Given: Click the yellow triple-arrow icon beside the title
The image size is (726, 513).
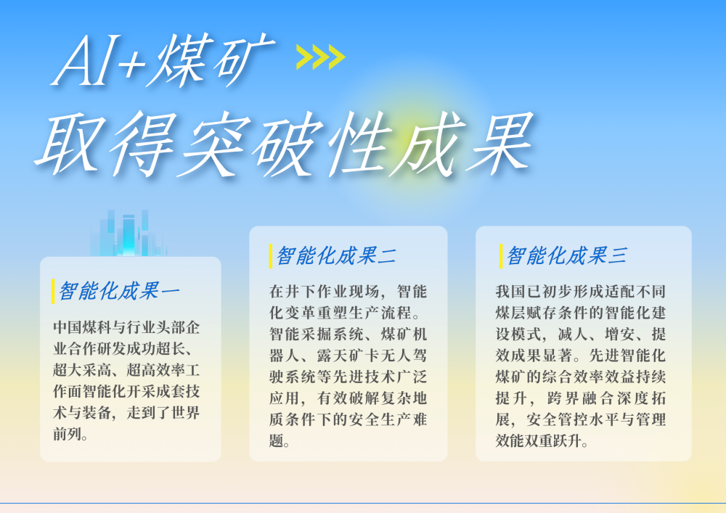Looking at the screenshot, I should (x=320, y=57).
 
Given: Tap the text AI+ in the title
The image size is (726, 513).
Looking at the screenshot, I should (x=99, y=62).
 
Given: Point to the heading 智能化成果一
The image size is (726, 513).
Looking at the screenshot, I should (x=120, y=291).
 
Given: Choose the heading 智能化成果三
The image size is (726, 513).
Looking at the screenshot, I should (x=566, y=255).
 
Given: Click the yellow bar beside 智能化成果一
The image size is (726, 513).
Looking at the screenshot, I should (x=53, y=291).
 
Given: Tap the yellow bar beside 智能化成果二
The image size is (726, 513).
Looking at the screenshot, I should (x=271, y=255).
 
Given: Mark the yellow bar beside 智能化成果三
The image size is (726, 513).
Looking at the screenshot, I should (x=500, y=255).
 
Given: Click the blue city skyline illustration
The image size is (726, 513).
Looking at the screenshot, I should (x=128, y=233).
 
